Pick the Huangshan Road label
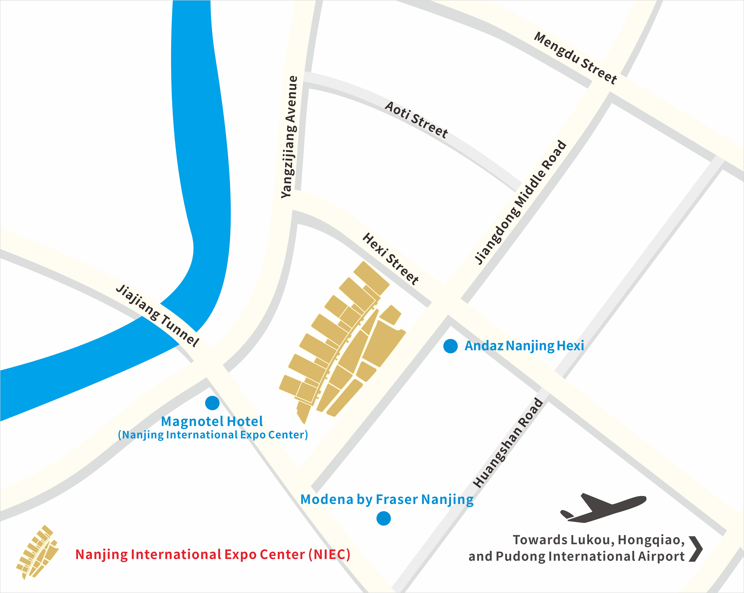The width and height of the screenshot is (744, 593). click(x=508, y=443)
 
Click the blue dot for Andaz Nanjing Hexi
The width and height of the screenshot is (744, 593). click(x=450, y=346)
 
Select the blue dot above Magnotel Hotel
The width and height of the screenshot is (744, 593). click(x=212, y=403)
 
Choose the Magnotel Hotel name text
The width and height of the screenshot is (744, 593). click(x=212, y=421)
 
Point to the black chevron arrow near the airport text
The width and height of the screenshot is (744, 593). click(x=696, y=549)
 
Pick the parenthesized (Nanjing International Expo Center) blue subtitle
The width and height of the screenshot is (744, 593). click(x=213, y=435)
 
